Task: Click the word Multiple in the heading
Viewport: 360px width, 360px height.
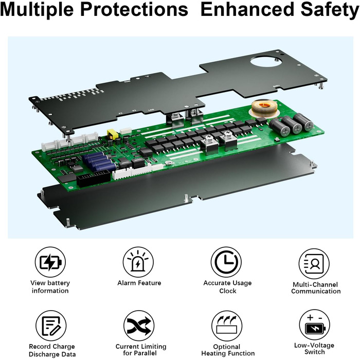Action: click(37, 10)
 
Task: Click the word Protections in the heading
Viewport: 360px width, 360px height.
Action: click(134, 10)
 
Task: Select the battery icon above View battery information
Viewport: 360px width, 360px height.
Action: click(50, 262)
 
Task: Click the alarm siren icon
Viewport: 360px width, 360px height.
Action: click(138, 262)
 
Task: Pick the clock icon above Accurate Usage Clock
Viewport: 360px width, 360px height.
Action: click(226, 262)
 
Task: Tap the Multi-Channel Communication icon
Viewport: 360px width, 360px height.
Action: click(314, 263)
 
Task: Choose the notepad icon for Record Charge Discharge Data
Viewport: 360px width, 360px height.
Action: click(51, 326)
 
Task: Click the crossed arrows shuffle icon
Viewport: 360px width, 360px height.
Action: click(139, 326)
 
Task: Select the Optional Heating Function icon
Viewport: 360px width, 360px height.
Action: click(227, 326)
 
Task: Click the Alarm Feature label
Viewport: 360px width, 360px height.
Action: click(139, 283)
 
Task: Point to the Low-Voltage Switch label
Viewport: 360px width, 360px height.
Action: click(314, 349)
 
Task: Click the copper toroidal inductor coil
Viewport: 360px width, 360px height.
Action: click(263, 108)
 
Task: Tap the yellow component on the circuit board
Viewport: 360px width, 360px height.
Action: click(113, 134)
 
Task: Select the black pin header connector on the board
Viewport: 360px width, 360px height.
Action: click(94, 177)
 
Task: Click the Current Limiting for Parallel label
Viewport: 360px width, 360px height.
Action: click(141, 350)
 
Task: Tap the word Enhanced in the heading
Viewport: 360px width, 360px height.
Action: click(247, 10)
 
